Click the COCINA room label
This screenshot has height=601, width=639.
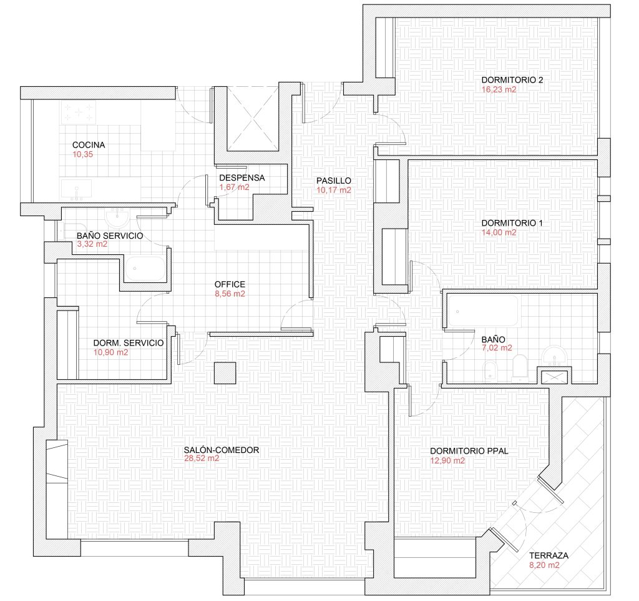click(89, 145)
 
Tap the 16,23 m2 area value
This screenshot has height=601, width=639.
click(499, 90)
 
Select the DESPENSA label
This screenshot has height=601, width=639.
click(241, 178)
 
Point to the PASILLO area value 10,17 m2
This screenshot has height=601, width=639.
click(334, 190)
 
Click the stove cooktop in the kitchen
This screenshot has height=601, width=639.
click(78, 112)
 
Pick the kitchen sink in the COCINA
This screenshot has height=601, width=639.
click(77, 190)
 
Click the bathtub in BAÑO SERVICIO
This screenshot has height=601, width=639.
click(145, 269)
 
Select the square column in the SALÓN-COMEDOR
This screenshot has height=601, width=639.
click(225, 373)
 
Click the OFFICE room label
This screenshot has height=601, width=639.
click(230, 284)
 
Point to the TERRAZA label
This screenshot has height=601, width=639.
click(549, 556)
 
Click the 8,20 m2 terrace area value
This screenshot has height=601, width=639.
click(544, 565)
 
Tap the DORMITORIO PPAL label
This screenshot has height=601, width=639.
click(469, 451)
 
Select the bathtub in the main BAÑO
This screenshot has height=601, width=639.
click(484, 311)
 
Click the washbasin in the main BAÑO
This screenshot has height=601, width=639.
click(555, 355)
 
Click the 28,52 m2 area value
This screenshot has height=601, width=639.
click(202, 459)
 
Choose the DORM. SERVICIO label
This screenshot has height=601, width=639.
click(129, 343)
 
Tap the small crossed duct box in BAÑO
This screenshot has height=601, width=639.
click(554, 377)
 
